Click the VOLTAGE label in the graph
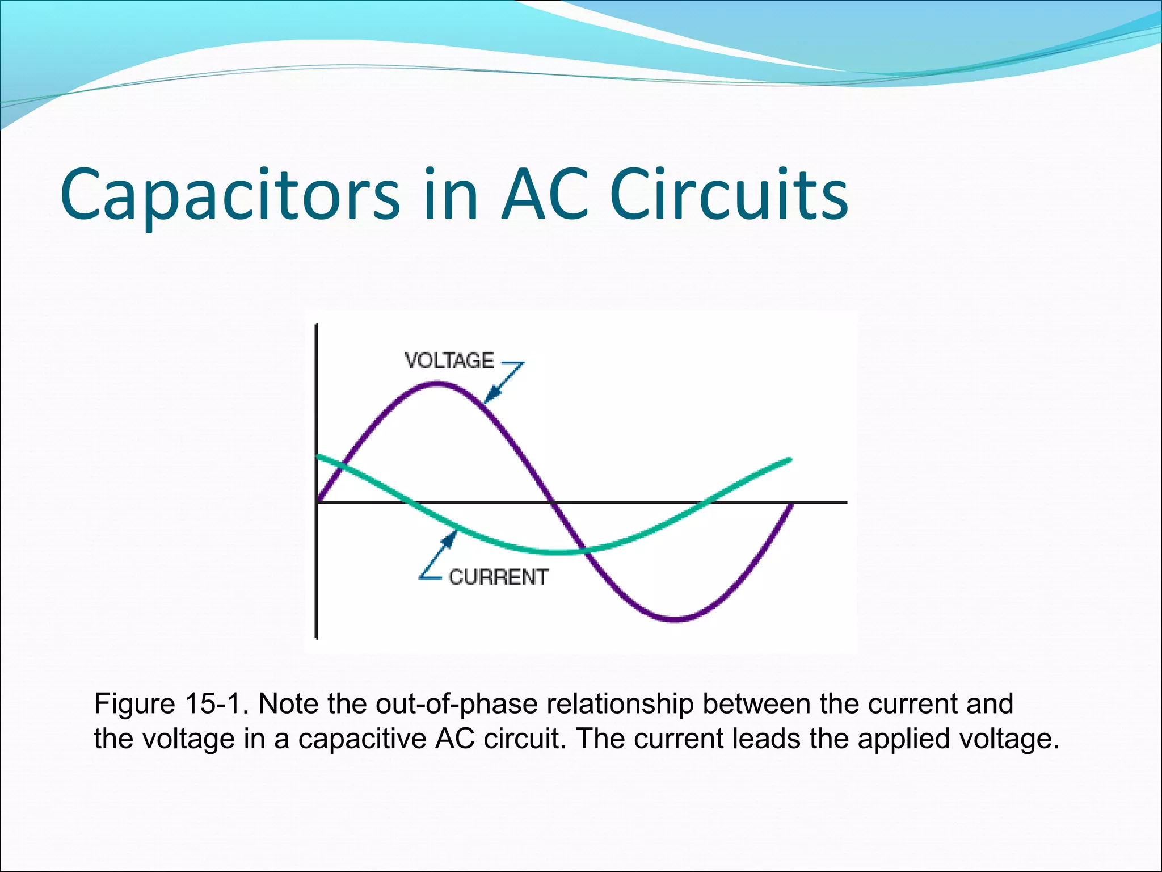[449, 361]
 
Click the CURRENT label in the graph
[498, 577]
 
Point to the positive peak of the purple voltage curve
[437, 384]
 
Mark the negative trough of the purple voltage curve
[675, 619]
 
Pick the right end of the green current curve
[789, 459]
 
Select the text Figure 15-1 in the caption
[171, 704]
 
